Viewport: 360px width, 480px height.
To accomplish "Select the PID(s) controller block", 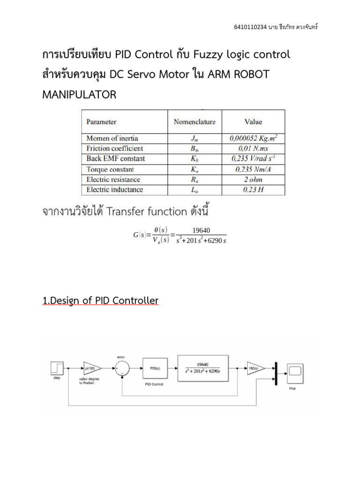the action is click(x=155, y=368).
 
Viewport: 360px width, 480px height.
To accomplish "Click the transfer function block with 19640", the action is click(x=202, y=368).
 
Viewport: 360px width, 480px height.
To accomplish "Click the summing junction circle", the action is click(x=122, y=368).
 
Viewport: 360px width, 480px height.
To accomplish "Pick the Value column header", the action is click(x=254, y=122).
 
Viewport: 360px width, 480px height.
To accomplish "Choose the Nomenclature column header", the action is click(x=195, y=122).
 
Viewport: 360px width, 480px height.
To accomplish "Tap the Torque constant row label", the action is click(x=110, y=169).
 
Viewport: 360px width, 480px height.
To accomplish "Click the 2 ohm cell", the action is click(x=254, y=180).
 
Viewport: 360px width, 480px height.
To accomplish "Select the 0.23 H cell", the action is click(x=254, y=190).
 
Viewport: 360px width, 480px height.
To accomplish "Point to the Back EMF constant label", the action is click(x=116, y=158).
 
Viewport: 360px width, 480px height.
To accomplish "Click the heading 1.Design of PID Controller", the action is click(x=100, y=300).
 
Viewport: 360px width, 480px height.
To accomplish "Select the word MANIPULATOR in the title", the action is click(x=79, y=95).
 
